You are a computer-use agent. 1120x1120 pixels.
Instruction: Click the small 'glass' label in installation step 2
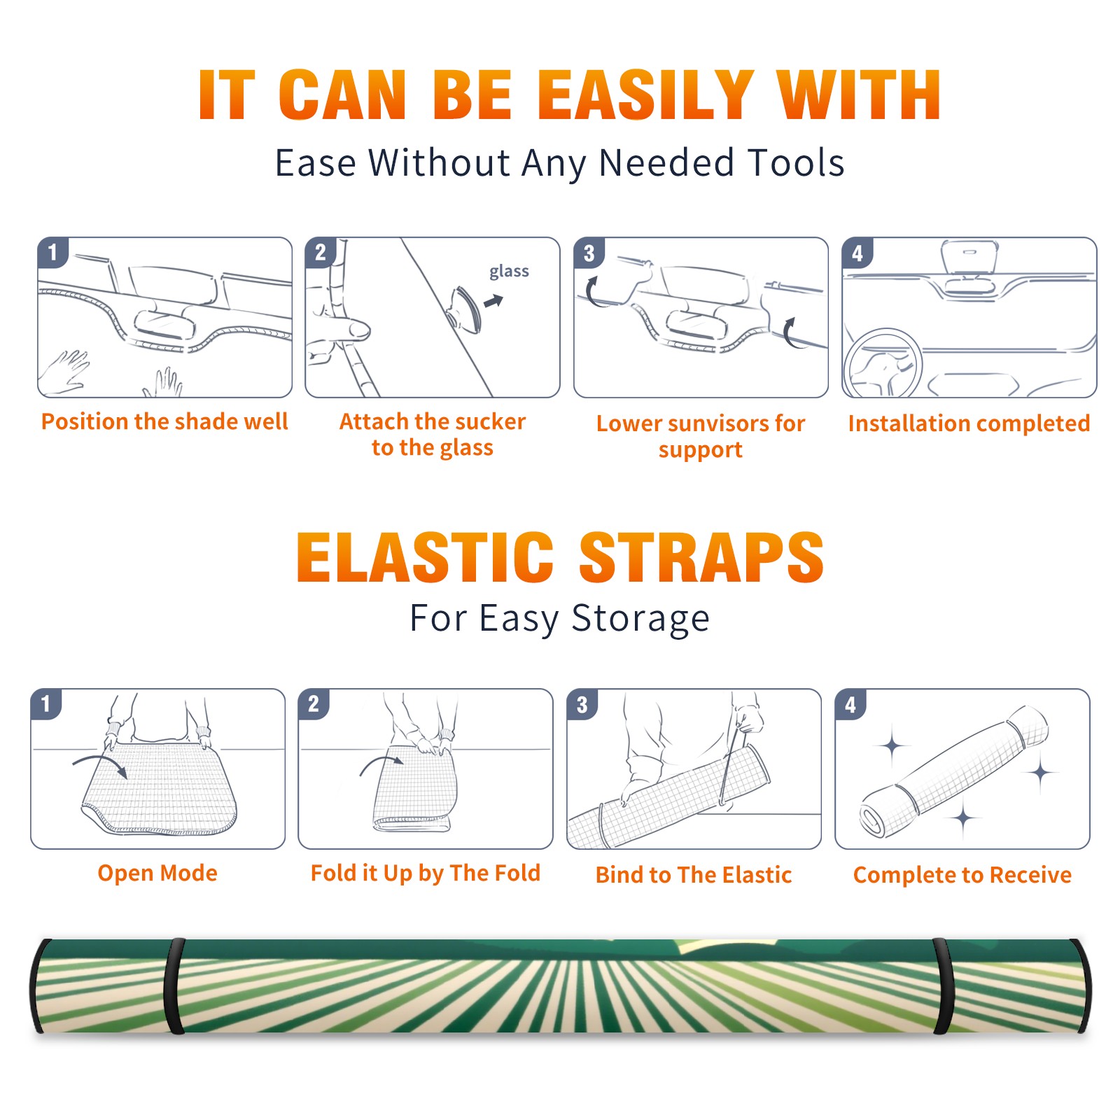(x=509, y=272)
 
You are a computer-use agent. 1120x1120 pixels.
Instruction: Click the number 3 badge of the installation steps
(x=589, y=253)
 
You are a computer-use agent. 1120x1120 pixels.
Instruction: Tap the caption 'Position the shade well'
(x=164, y=421)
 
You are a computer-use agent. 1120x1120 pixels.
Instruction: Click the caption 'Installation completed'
(x=969, y=423)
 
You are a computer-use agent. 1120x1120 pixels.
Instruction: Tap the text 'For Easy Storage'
(x=559, y=619)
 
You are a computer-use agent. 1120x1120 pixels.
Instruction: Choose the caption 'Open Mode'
(x=157, y=873)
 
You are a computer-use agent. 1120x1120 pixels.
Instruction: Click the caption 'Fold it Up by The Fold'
(x=426, y=874)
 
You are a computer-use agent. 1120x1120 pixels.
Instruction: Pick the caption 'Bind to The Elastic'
(x=694, y=875)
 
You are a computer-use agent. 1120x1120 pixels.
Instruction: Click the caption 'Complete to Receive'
(x=962, y=875)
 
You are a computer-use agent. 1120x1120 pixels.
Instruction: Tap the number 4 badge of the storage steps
(x=850, y=704)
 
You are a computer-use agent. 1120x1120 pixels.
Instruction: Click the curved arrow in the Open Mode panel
(x=98, y=759)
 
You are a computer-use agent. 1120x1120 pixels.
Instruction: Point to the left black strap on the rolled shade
(x=174, y=986)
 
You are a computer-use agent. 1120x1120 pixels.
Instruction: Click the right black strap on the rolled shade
(x=942, y=986)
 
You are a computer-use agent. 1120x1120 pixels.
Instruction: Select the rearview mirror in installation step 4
(x=969, y=256)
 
